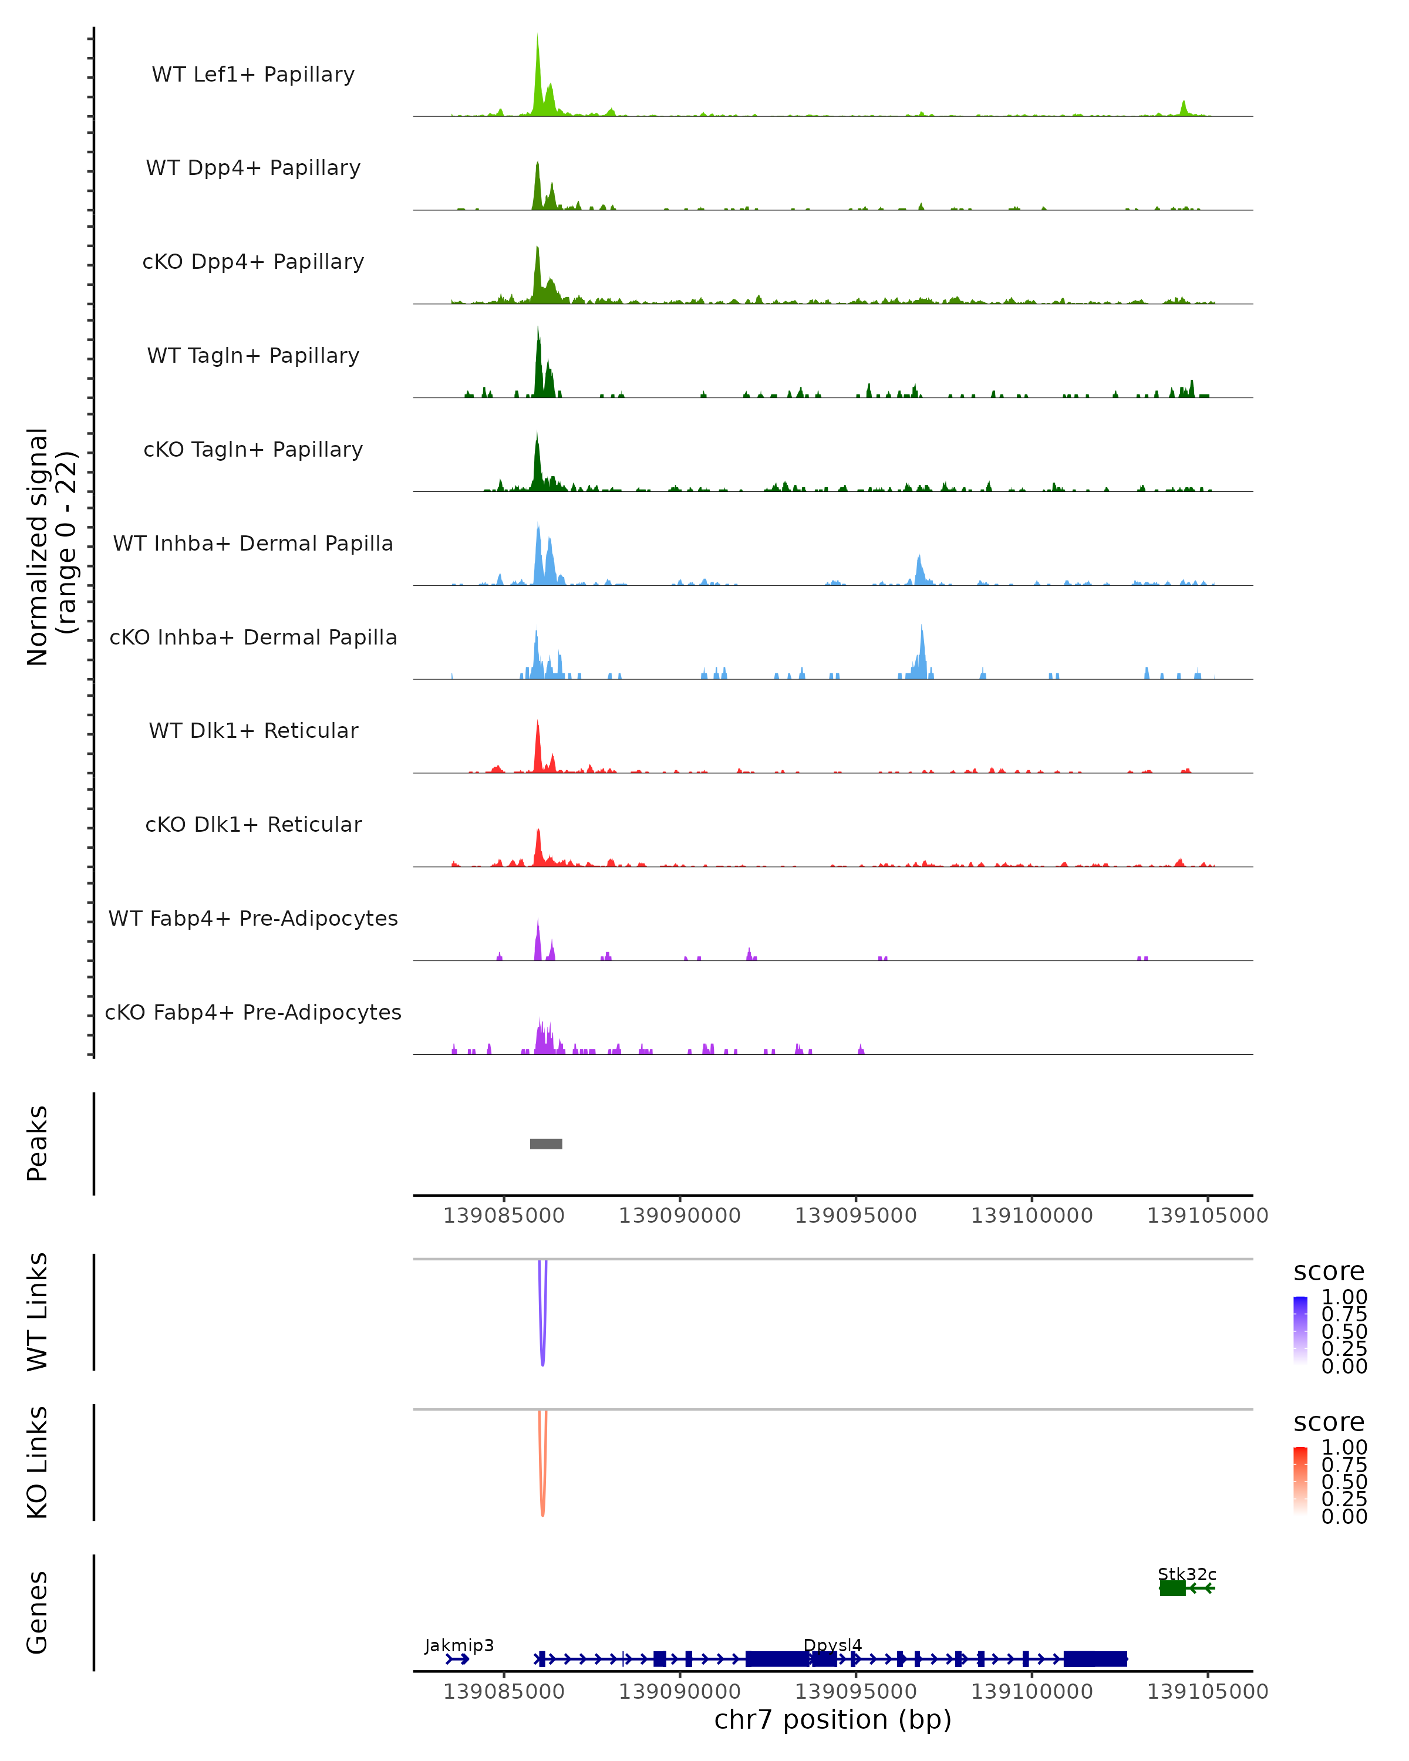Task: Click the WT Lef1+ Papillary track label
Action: (253, 75)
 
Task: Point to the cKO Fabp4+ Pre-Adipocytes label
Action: (253, 1012)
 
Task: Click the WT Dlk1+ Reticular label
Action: (253, 730)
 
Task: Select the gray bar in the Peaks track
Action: (545, 1143)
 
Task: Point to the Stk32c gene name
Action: (1187, 1574)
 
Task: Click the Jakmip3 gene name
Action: (459, 1645)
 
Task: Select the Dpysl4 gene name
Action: (832, 1645)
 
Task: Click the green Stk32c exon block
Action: (1172, 1588)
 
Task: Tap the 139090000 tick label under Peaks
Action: (680, 1216)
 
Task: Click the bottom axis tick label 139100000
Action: (1032, 1692)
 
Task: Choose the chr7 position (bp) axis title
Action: (832, 1719)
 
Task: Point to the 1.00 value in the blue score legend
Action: (1344, 1297)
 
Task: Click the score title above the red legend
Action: (1329, 1422)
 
